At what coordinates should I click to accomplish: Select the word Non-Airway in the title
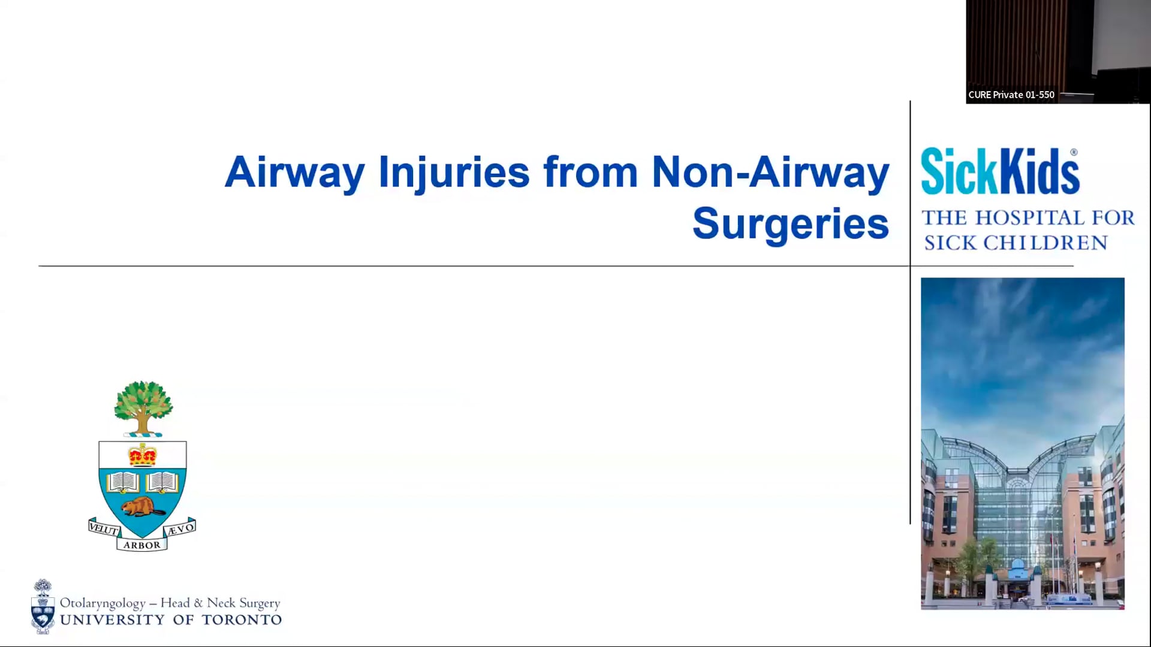pos(770,173)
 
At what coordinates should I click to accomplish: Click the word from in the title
pos(590,172)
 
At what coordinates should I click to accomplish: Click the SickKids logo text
pos(1000,172)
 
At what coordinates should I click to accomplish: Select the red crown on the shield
pos(143,455)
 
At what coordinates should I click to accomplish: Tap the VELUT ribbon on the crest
pos(104,528)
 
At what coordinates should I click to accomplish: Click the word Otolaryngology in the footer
pos(103,603)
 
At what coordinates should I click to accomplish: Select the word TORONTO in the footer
pos(242,620)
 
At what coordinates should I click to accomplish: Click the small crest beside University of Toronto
pos(43,606)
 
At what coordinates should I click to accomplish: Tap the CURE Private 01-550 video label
pos(1011,95)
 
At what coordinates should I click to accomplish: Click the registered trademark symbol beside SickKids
pos(1074,153)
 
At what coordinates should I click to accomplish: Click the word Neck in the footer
pos(221,603)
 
